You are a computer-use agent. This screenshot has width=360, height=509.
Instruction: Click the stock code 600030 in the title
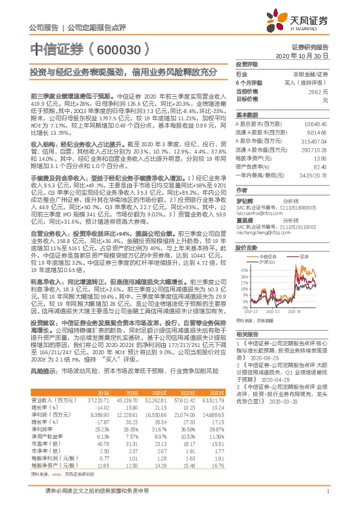pyautogui.click(x=121, y=49)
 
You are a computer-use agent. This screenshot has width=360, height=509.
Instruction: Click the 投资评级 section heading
pyautogui.click(x=246, y=63)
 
